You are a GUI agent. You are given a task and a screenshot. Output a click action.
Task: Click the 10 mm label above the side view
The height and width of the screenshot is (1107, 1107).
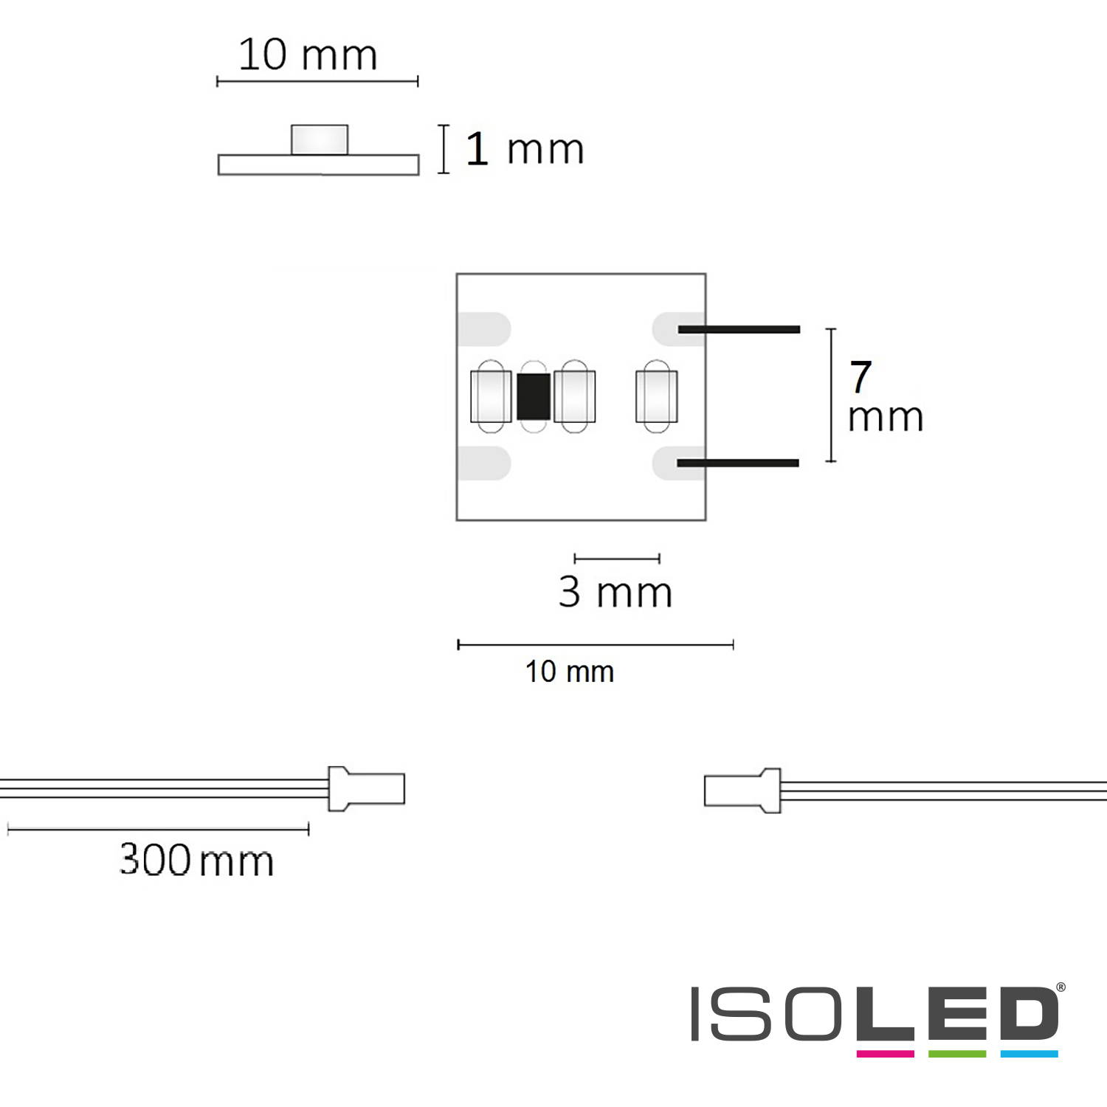(x=308, y=55)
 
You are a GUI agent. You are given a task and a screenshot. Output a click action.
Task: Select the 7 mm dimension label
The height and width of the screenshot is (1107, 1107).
(x=885, y=396)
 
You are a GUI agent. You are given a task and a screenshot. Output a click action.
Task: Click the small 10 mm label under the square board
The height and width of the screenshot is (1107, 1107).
(x=570, y=672)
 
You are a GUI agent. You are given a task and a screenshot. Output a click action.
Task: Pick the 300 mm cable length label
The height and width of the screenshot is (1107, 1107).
(x=196, y=860)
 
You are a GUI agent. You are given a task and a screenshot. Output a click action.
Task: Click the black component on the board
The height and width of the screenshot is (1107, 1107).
(x=534, y=396)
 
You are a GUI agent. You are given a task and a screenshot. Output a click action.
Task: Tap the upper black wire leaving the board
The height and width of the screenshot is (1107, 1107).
(x=739, y=329)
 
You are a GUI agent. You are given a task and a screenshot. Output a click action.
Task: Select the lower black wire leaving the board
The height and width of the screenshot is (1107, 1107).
(x=738, y=463)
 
